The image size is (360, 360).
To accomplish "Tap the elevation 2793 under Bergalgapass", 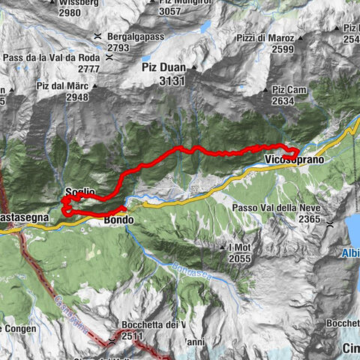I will tap(118, 47).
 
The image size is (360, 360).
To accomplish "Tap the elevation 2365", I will tap(309, 218).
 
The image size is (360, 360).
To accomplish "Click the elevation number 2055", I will tap(240, 258).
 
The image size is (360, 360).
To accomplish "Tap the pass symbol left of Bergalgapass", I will tap(98, 36).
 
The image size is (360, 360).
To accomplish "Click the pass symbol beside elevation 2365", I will tap(330, 223).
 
